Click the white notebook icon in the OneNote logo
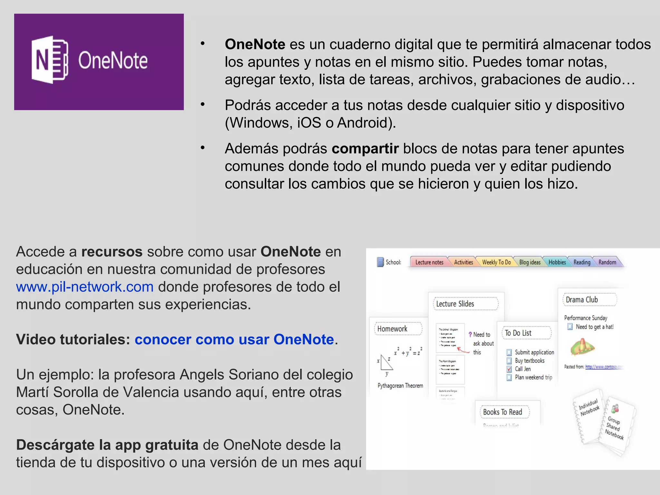coord(50,60)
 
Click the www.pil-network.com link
coord(85,287)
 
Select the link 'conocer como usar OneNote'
coord(234,340)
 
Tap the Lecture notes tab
coord(429,262)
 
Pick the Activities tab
coord(463,262)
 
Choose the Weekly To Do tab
coord(496,262)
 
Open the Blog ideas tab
coord(530,262)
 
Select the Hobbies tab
coord(557,262)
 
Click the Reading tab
coord(582,262)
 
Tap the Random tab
coord(607,262)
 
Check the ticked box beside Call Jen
coord(509,369)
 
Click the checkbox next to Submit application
coord(509,353)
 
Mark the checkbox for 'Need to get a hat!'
coord(570,327)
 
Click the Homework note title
coord(392,329)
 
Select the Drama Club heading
coord(582,300)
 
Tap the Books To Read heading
coord(502,412)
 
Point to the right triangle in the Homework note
coord(386,363)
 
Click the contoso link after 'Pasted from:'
coord(603,367)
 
